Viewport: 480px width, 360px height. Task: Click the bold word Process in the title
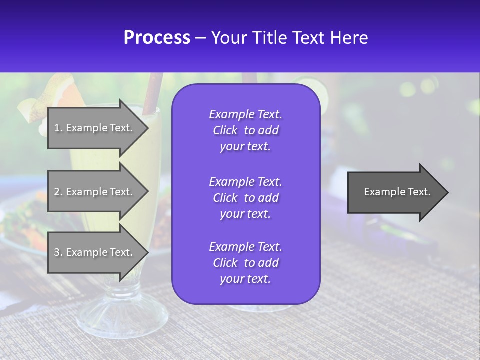(x=157, y=38)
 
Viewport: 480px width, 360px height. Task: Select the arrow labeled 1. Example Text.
(x=95, y=128)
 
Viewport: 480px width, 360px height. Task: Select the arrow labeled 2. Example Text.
(x=95, y=192)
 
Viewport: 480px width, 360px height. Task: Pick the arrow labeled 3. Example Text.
(x=95, y=252)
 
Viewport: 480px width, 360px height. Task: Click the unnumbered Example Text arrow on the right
(x=395, y=192)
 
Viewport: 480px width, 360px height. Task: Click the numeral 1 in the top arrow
(x=57, y=128)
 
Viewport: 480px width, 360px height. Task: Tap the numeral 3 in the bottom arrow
(x=57, y=253)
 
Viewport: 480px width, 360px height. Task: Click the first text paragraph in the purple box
(x=245, y=130)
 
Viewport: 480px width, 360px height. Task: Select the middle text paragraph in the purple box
(x=245, y=198)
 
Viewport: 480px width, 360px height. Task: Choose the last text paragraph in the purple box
(x=245, y=263)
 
